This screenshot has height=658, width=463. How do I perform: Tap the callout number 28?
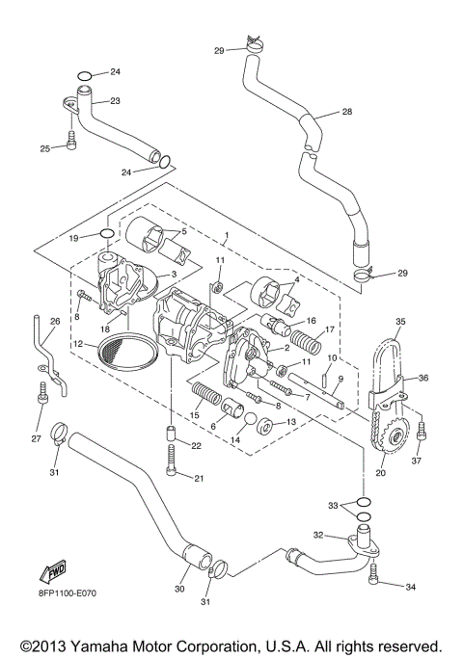tap(346, 112)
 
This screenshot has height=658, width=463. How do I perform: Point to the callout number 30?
tap(180, 588)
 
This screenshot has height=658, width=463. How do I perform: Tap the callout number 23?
tap(114, 100)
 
